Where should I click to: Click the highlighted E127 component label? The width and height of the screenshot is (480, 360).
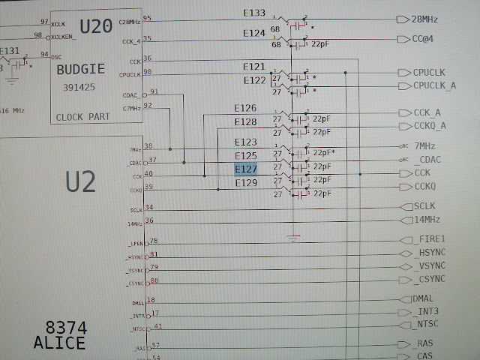pos(246,170)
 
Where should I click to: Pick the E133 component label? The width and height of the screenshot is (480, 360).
pos(254,13)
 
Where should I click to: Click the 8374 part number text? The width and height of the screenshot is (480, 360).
pos(66,328)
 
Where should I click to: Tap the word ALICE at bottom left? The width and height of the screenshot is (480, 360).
pos(59,343)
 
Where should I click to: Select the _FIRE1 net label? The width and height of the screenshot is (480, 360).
pos(429,239)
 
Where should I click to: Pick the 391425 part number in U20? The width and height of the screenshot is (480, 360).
pos(82,87)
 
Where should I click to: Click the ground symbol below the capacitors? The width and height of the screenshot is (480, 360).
pos(293,238)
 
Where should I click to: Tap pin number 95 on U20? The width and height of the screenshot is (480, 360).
pos(145,18)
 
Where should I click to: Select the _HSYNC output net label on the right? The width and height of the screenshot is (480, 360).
pos(430,253)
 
